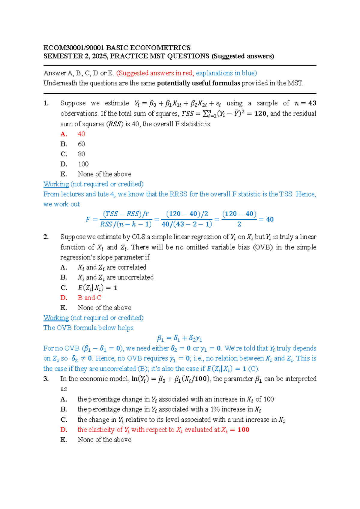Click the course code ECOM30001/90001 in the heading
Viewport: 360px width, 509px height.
pyautogui.click(x=74, y=48)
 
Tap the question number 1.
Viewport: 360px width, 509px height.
pyautogui.click(x=46, y=103)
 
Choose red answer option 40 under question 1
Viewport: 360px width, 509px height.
pyautogui.click(x=81, y=134)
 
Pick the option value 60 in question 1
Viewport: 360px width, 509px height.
pyautogui.click(x=81, y=144)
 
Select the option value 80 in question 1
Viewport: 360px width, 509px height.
pyautogui.click(x=81, y=154)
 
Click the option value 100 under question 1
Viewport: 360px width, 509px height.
pyautogui.click(x=83, y=164)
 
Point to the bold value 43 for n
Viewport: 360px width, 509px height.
pyautogui.click(x=312, y=103)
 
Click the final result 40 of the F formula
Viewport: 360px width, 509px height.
pyautogui.click(x=270, y=219)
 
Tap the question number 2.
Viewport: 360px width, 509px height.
pyautogui.click(x=46, y=237)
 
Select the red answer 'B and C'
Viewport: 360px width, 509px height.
pyautogui.click(x=89, y=298)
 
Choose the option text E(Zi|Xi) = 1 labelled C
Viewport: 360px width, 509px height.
pyautogui.click(x=97, y=288)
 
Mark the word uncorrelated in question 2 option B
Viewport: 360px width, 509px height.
pyautogui.click(x=135, y=277)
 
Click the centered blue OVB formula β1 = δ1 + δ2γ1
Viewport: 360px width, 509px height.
pyautogui.click(x=180, y=338)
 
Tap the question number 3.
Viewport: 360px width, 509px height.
pyautogui.click(x=46, y=379)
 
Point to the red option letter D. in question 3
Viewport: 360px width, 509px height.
pyautogui.click(x=64, y=430)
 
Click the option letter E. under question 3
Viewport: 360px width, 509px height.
pyautogui.click(x=64, y=440)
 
